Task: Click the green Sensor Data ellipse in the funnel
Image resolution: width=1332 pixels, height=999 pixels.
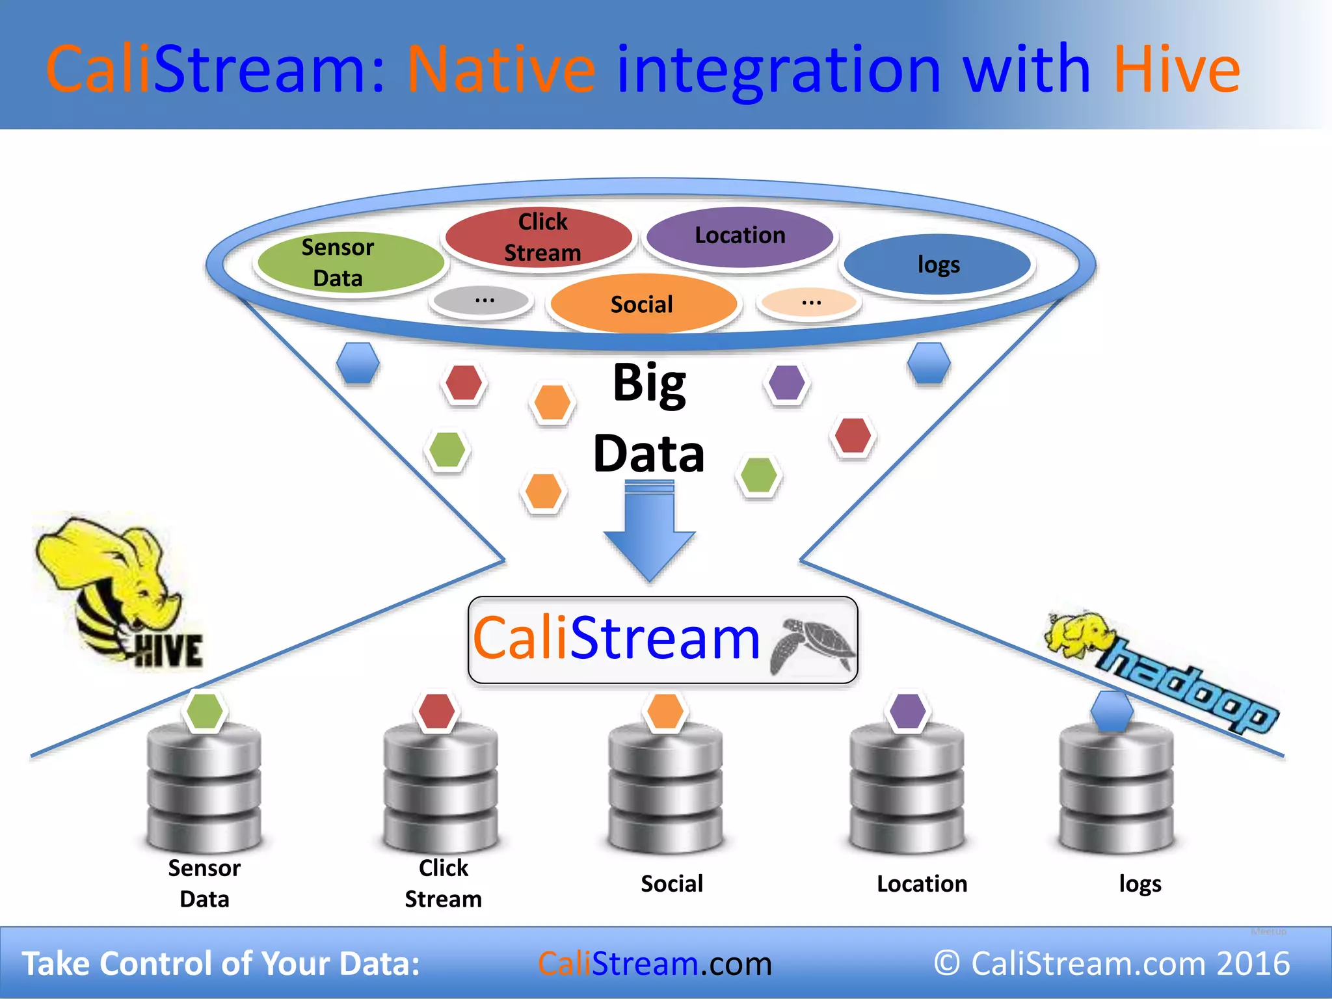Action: (350, 262)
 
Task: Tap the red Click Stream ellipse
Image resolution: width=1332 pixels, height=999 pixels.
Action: (539, 237)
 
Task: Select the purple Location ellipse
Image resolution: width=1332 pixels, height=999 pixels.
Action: (740, 236)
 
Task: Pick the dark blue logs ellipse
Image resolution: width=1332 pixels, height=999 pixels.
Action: (937, 264)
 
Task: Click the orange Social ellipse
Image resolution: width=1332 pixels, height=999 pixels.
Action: (643, 304)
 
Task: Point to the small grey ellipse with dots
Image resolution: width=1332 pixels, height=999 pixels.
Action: (482, 300)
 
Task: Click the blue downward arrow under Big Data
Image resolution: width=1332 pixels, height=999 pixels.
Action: (649, 533)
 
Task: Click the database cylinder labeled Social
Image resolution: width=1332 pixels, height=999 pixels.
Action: (665, 790)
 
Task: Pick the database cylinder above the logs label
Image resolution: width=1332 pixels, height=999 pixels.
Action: (1116, 790)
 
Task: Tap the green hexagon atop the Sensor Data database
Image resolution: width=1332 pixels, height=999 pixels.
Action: (205, 711)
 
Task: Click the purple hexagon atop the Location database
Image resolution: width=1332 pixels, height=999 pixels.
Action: (908, 711)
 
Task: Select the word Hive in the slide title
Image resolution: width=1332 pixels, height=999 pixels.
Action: (1176, 70)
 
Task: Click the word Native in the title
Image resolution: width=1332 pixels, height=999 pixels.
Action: (501, 70)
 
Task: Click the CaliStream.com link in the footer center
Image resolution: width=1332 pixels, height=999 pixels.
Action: (654, 963)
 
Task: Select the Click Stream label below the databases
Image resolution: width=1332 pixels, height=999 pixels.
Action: (444, 883)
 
